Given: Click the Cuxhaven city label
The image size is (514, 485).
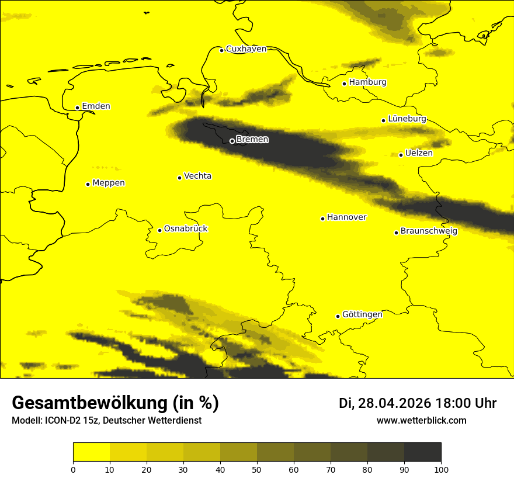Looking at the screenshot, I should coord(246,49).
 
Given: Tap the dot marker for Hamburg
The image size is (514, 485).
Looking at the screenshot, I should coord(345,84).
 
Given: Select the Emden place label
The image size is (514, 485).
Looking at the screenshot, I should coord(96,106).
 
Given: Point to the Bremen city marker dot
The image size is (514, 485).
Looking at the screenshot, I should coord(232,141).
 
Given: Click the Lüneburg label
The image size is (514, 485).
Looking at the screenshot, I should coord(407,119).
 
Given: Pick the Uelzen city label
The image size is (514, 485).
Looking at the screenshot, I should coord(419,153).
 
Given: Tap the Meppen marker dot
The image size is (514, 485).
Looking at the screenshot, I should coord(88,184).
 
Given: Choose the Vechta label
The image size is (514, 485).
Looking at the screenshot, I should coord(197,176).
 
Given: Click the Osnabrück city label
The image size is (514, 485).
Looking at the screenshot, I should coord(186,228).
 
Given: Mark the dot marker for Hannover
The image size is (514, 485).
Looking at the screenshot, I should coord(322,219).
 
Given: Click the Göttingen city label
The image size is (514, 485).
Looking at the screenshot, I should coord(362,314).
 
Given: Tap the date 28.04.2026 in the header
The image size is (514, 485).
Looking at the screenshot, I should coord(394,403).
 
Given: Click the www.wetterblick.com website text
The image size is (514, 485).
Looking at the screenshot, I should coord(421,421).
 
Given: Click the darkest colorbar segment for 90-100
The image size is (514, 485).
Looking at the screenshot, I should coord(422,452).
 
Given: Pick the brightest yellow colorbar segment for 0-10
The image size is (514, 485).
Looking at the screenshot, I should coord(91,452).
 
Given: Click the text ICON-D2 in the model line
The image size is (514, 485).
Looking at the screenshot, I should coord(61,421).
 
